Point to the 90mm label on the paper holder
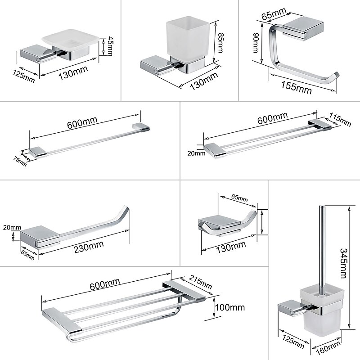(x=255, y=45)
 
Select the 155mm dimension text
(x=297, y=85)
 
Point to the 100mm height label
(x=230, y=307)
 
